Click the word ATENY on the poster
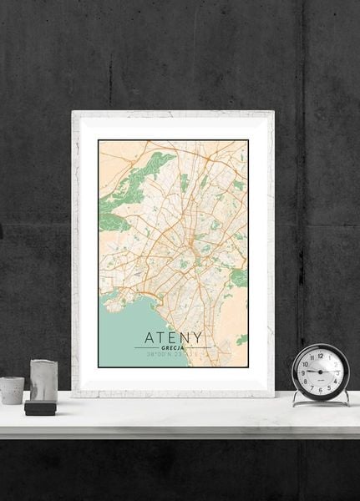click(173, 337)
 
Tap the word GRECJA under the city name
click(173, 349)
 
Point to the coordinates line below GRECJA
click(173, 356)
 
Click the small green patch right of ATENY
click(242, 340)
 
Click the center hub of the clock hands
click(321, 372)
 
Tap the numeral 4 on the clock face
click(336, 382)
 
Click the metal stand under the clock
click(321, 402)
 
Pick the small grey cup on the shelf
click(12, 389)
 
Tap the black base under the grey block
click(39, 407)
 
